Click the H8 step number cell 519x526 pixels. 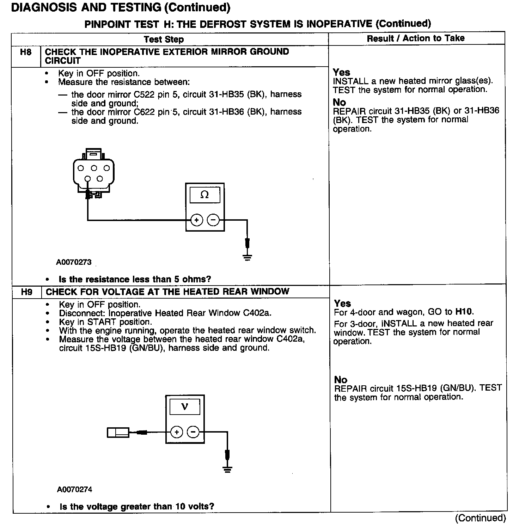[x=26, y=53]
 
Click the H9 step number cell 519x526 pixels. [x=27, y=292]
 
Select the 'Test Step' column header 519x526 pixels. [x=164, y=39]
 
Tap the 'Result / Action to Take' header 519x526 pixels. [x=416, y=38]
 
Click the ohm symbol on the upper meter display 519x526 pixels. [x=204, y=195]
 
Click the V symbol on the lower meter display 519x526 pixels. [x=184, y=407]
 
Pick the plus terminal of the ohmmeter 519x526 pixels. [x=196, y=220]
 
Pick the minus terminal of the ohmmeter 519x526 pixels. [x=213, y=220]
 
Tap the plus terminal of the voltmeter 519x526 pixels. [x=177, y=432]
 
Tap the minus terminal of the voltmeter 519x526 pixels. [x=193, y=432]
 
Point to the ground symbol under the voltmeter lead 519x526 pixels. [x=227, y=469]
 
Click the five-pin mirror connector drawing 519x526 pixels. [x=93, y=173]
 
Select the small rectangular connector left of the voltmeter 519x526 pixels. [x=118, y=432]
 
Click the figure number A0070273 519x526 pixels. [x=74, y=262]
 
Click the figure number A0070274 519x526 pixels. [x=74, y=489]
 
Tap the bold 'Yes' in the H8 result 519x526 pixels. [x=341, y=72]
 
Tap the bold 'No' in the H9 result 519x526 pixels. [x=341, y=380]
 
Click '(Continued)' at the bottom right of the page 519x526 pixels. [x=480, y=518]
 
